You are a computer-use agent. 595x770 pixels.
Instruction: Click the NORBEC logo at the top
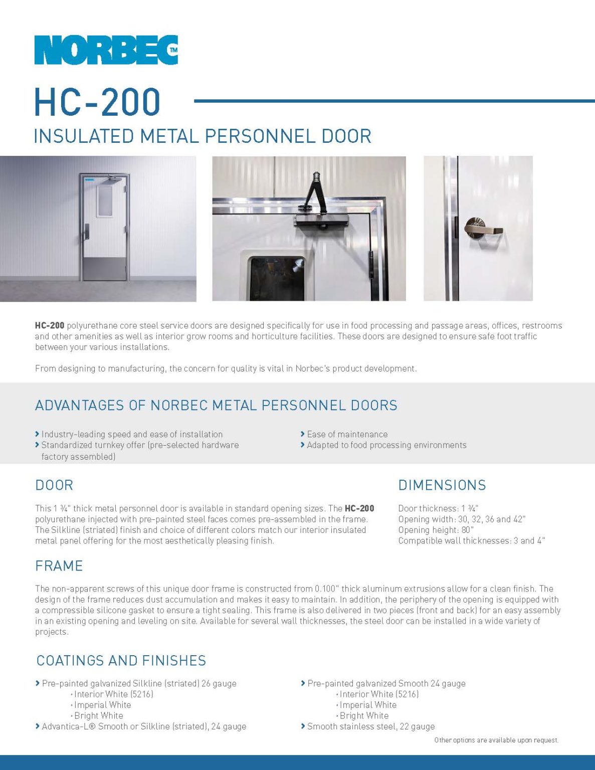(x=106, y=50)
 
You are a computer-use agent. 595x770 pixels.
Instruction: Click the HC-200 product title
(x=97, y=102)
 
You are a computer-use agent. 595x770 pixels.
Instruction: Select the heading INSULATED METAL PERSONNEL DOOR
(x=203, y=136)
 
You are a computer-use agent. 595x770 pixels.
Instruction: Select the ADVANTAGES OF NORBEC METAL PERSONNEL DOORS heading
(x=216, y=405)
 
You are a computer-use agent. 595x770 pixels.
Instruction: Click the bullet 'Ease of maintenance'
(x=347, y=434)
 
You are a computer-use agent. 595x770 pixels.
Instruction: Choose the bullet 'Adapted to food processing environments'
(x=386, y=445)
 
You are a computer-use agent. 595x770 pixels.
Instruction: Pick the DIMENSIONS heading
(x=442, y=485)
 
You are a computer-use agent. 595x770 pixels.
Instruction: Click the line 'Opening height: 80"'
(x=436, y=530)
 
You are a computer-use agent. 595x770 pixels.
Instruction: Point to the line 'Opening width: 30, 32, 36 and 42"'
(x=462, y=519)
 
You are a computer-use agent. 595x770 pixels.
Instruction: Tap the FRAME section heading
(x=59, y=566)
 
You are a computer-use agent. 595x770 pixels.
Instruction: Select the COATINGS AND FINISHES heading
(x=121, y=661)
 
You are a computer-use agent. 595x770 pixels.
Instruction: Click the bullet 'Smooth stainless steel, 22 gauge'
(x=371, y=726)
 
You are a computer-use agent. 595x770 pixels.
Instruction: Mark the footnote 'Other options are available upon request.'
(x=496, y=740)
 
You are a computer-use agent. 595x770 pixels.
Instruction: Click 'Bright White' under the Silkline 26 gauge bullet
(x=99, y=716)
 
